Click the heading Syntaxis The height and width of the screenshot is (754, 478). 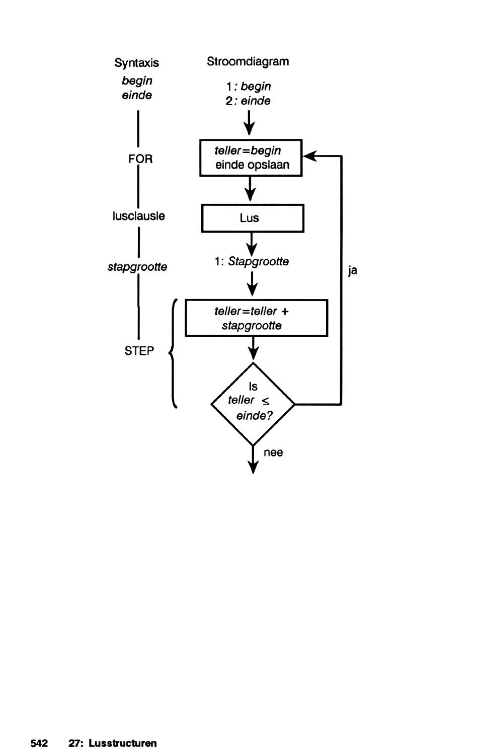(136, 63)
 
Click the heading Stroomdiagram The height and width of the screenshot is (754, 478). (248, 61)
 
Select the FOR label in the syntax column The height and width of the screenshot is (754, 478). (140, 159)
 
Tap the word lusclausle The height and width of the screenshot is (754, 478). (138, 216)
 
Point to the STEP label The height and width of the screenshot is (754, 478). (139, 351)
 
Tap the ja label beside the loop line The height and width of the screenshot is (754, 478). (353, 271)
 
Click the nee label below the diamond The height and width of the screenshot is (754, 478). (273, 453)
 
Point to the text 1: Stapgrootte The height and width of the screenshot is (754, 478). (252, 262)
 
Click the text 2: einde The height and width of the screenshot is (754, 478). (248, 101)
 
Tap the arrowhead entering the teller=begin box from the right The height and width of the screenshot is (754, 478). (309, 156)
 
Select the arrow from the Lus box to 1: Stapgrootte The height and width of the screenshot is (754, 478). (252, 244)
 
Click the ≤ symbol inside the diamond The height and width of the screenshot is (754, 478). (265, 401)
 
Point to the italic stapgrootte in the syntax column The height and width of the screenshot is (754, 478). (137, 267)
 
